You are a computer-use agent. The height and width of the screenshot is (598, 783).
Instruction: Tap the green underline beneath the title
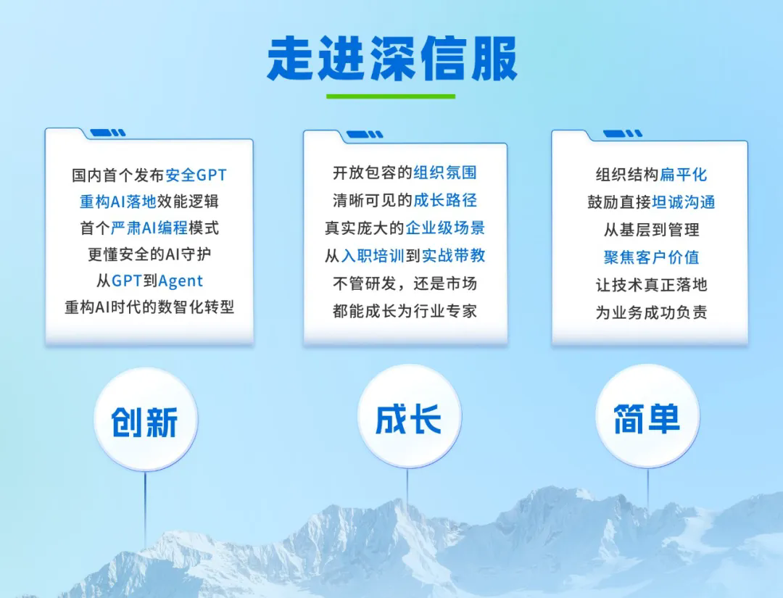pyautogui.click(x=391, y=96)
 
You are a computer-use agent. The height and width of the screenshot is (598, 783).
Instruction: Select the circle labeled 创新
pyautogui.click(x=145, y=420)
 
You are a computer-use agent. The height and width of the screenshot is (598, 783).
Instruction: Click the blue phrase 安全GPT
pyautogui.click(x=196, y=175)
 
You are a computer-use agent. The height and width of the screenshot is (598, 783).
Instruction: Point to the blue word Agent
pyautogui.click(x=181, y=281)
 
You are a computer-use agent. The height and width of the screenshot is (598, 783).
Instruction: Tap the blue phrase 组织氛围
pyautogui.click(x=445, y=173)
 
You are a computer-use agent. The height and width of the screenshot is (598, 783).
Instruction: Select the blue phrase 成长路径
pyautogui.click(x=445, y=200)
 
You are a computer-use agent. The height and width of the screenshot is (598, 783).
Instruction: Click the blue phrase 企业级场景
pyautogui.click(x=445, y=228)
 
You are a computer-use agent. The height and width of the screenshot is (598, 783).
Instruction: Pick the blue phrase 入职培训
pyautogui.click(x=373, y=255)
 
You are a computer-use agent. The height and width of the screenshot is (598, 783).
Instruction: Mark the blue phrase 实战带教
pyautogui.click(x=453, y=255)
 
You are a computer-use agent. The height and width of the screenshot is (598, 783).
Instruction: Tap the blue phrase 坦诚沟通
pyautogui.click(x=684, y=202)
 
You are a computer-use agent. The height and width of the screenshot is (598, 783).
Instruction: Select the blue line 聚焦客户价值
pyautogui.click(x=651, y=257)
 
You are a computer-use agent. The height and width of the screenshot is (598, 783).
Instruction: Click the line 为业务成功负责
pyautogui.click(x=651, y=312)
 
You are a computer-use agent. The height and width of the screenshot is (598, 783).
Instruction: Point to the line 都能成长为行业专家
pyautogui.click(x=405, y=311)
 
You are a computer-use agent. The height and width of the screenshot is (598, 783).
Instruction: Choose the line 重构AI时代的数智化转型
pyautogui.click(x=149, y=307)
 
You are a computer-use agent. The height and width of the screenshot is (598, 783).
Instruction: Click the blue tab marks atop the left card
pyautogui.click(x=107, y=133)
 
